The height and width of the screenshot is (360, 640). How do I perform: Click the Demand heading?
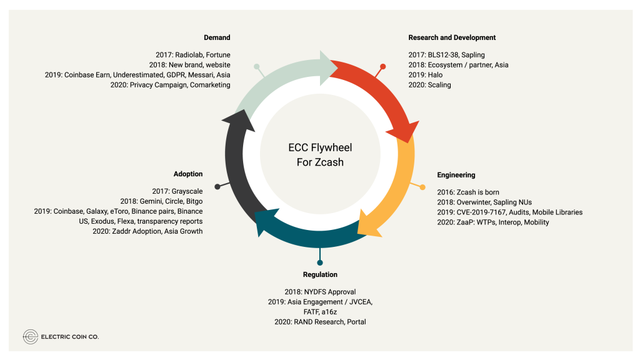pos(217,37)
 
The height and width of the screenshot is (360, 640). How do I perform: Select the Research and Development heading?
pos(452,37)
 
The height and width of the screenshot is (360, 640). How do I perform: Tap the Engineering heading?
pos(456,175)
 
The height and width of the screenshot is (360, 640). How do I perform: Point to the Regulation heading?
pos(320,274)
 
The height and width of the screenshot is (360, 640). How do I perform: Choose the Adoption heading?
pos(188,174)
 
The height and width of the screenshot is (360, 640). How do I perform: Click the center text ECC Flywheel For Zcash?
pos(320,155)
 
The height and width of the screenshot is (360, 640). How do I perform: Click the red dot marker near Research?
pos(382,66)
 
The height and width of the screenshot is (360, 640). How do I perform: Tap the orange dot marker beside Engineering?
pos(422,187)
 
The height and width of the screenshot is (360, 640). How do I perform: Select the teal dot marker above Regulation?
pos(320,262)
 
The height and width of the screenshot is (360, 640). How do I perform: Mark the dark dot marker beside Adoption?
pos(217,186)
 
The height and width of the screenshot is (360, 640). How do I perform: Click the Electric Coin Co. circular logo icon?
pos(30,337)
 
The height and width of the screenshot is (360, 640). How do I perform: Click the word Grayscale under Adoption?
pos(186,191)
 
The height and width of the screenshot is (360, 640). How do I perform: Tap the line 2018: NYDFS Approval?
pos(320,292)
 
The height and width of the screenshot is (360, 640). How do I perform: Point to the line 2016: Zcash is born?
pos(468,192)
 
